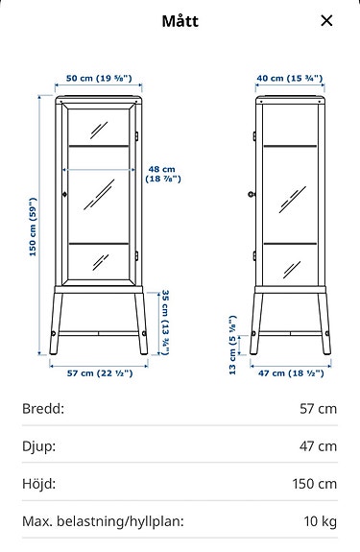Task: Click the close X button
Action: coord(327,20)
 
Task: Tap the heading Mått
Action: coord(180,20)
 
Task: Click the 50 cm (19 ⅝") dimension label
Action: coord(98,78)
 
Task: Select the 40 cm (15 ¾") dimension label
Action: coord(291,78)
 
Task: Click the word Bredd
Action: coord(43,409)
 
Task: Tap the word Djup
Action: coord(39,446)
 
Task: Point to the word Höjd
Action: coord(39,484)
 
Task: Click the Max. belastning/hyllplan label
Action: coord(103,522)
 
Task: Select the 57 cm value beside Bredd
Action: coord(318,409)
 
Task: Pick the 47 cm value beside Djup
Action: coord(318,446)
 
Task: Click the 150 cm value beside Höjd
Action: coord(315,484)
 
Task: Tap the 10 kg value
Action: coord(321,522)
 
